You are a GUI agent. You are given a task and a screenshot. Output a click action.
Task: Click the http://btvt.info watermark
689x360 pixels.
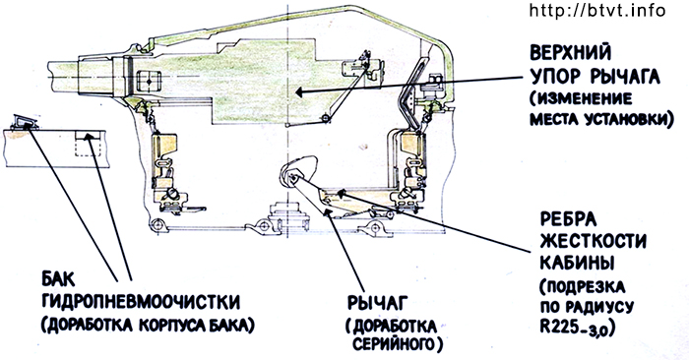click(x=597, y=10)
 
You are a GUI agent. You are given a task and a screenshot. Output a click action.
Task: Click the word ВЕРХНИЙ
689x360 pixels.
click(x=570, y=54)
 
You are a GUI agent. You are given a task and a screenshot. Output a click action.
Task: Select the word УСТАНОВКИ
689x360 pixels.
click(x=626, y=119)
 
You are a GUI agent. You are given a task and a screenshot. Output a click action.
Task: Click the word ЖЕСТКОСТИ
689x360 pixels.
click(x=593, y=241)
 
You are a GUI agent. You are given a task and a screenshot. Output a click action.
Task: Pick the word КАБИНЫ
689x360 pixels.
click(x=577, y=262)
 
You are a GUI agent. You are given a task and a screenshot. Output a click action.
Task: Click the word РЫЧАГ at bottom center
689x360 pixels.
click(x=377, y=303)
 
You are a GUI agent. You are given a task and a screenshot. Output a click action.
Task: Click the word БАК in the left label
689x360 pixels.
click(x=58, y=279)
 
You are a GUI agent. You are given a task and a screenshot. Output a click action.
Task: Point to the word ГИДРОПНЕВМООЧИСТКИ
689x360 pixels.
click(x=141, y=302)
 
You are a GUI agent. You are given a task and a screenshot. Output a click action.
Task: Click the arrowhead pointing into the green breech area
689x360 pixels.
click(x=300, y=92)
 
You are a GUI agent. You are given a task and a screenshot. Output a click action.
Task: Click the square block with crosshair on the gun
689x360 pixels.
click(x=150, y=82)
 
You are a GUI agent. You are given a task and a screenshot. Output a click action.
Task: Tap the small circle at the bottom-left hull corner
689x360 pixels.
click(x=156, y=225)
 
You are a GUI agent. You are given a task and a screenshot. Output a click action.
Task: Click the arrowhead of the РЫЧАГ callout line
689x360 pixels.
click(x=327, y=212)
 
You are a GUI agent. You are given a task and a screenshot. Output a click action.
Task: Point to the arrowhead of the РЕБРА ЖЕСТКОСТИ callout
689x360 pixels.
click(x=341, y=192)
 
